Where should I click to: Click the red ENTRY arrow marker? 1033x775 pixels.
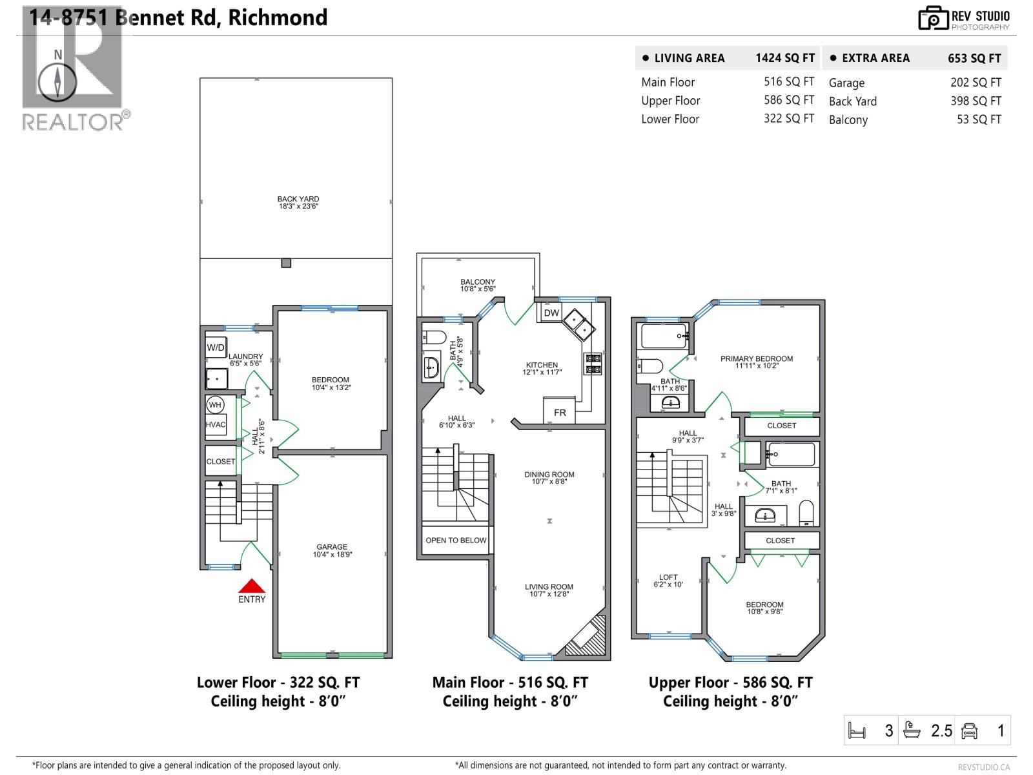coord(252,586)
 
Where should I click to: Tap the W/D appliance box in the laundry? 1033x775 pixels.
coord(216,347)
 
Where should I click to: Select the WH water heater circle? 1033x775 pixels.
coord(215,405)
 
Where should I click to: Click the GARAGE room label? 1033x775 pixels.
coord(332,547)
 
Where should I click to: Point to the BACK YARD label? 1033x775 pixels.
coord(298,200)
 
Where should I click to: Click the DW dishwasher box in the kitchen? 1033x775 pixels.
coord(551,313)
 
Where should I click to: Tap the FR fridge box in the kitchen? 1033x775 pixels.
coord(560,412)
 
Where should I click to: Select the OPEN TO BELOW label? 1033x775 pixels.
coord(456,541)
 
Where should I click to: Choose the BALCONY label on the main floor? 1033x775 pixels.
coord(478,282)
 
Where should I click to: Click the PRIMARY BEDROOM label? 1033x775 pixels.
coord(757,359)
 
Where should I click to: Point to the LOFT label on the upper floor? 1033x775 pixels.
coord(668,577)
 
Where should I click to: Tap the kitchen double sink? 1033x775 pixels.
coord(578,324)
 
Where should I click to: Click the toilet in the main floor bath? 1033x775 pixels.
coord(435,337)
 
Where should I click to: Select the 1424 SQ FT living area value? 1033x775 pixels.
coord(785,58)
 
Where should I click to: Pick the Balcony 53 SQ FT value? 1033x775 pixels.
coord(979,119)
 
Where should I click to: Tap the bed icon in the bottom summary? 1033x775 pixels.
coord(857,731)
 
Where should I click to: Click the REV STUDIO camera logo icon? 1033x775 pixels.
coord(933,18)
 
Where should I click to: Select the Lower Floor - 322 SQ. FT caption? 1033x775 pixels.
coord(278,683)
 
